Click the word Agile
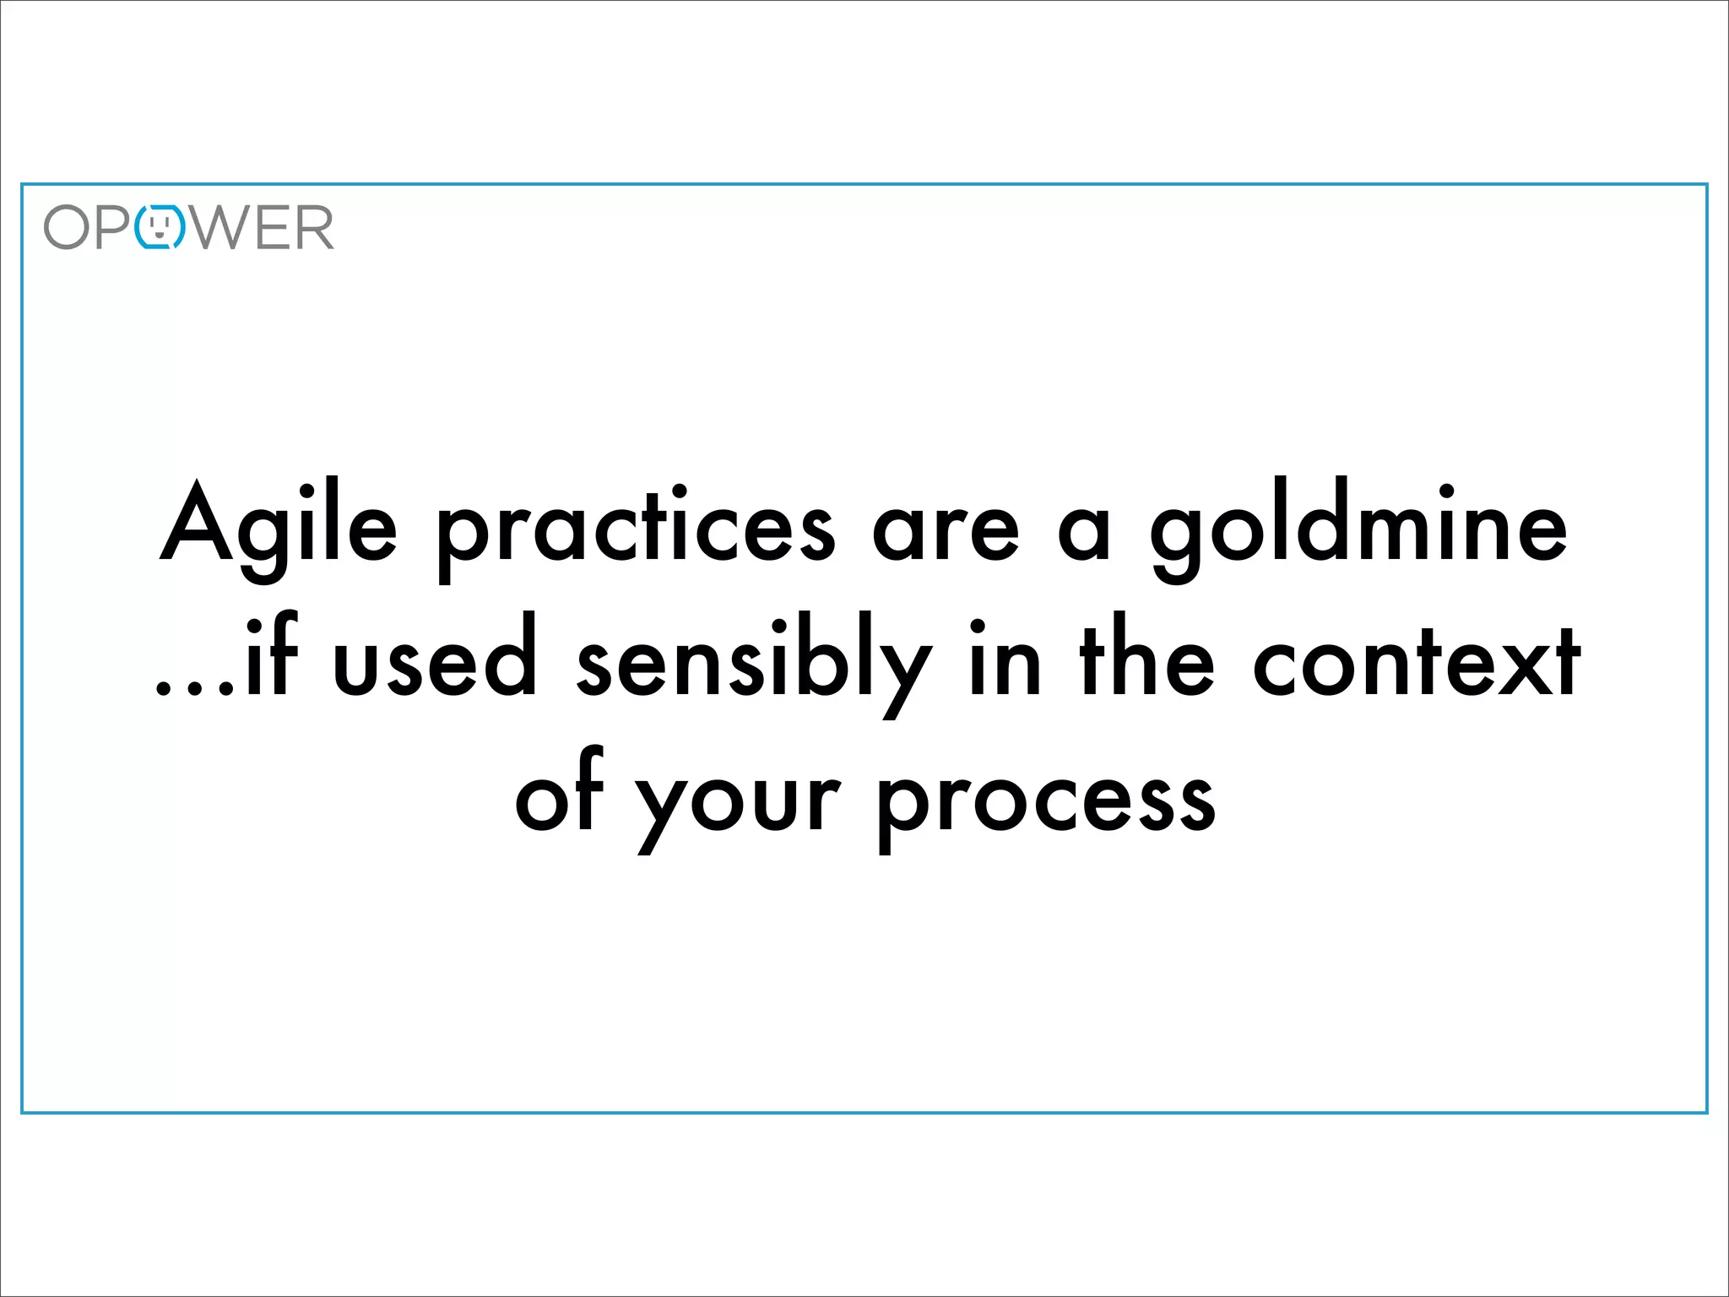pyautogui.click(x=279, y=528)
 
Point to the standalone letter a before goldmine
pyautogui.click(x=1084, y=534)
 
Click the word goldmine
pyautogui.click(x=1359, y=528)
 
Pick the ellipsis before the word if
pyautogui.click(x=194, y=687)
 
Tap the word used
pyautogui.click(x=436, y=663)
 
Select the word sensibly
pyautogui.click(x=754, y=667)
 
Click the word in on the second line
pyautogui.click(x=1005, y=663)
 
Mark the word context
pyautogui.click(x=1416, y=663)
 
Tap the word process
pyautogui.click(x=1047, y=802)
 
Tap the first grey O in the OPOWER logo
pyautogui.click(x=67, y=228)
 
